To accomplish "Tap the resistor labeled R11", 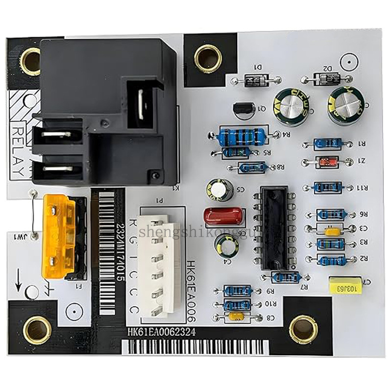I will click(327, 187).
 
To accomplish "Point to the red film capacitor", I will click(223, 215).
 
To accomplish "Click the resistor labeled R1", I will click(327, 144).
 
